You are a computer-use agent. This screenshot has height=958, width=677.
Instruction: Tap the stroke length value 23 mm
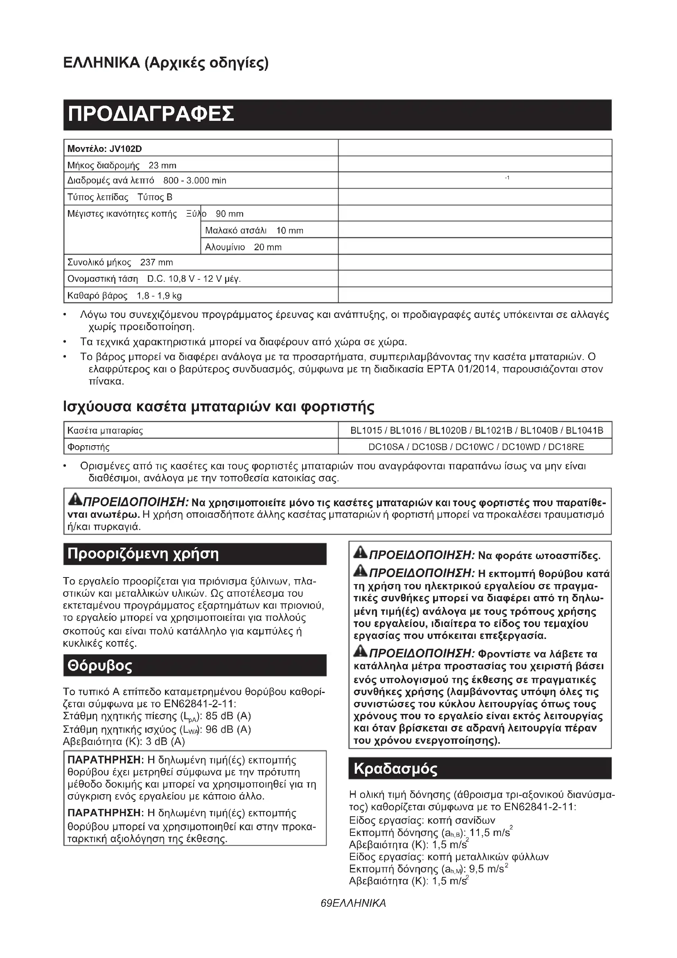coord(162,165)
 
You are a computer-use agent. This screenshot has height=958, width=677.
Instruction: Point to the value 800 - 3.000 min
coord(195,181)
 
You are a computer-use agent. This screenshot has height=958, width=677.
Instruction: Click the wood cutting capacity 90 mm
coord(229,214)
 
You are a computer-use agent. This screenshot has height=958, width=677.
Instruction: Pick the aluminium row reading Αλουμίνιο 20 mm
coord(243,247)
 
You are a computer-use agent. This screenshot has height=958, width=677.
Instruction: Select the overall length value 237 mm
coord(156,263)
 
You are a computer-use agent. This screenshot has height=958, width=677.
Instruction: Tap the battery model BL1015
coord(366,430)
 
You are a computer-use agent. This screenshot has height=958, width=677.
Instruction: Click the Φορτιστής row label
coord(88,447)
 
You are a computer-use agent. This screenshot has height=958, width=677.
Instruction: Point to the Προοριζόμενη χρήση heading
coord(143,554)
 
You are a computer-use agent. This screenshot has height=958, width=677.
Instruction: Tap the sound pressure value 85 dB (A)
coord(228,716)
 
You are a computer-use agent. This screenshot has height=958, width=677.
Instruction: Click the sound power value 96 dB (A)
coord(228,729)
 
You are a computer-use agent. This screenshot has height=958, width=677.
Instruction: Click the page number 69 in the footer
coord(325,904)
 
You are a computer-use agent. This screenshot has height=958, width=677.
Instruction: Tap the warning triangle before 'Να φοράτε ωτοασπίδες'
coord(360,553)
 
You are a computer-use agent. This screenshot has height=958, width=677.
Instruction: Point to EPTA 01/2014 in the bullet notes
coord(461,369)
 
